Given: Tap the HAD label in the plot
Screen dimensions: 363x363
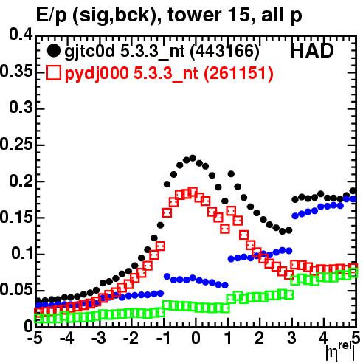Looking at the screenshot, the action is click(312, 51).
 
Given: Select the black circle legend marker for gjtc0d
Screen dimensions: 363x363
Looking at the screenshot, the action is click(53, 51).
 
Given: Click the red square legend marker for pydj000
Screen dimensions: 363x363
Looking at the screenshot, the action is click(53, 73).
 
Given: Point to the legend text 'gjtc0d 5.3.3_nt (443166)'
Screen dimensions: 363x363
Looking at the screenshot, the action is click(162, 51).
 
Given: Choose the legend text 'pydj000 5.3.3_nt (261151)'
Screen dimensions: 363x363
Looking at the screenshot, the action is click(169, 73).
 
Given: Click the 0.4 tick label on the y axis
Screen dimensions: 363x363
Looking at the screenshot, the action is click(21, 35).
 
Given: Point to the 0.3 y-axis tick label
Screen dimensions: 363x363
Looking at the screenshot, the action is click(21, 107).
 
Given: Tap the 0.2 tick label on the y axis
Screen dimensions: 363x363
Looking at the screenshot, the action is click(21, 180).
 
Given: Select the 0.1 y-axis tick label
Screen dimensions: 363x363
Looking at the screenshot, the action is click(21, 253).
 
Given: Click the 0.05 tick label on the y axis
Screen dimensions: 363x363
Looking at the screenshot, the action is click(16, 289).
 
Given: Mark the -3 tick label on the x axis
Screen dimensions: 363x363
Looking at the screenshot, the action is click(99, 338).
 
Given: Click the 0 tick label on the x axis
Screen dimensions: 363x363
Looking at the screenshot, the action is click(196, 338).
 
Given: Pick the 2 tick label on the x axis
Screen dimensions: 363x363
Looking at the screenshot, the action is click(260, 338).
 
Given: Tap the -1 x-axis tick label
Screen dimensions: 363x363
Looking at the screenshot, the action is click(163, 338).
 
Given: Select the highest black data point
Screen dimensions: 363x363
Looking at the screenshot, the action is click(193, 158).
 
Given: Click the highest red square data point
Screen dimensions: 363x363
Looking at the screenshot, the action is click(193, 192).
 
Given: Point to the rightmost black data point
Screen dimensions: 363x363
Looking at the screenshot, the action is click(353, 191).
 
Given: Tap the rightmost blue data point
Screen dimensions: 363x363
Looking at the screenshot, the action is click(353, 198).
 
